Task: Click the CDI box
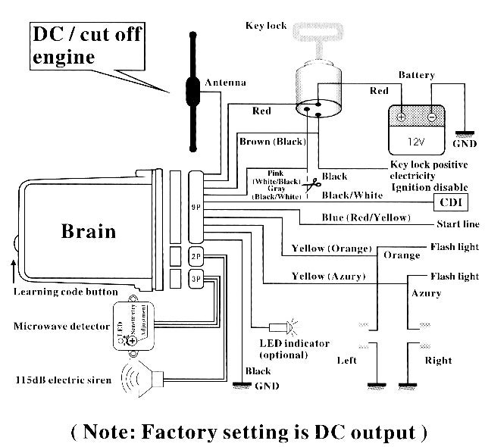(x=450, y=202)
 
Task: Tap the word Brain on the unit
(x=89, y=231)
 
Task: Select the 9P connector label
(x=196, y=206)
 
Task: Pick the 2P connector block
(x=196, y=257)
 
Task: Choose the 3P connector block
(x=196, y=278)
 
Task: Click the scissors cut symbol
(x=311, y=184)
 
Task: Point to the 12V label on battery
(x=416, y=141)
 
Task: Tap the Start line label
(x=457, y=224)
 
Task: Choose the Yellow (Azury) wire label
(x=327, y=276)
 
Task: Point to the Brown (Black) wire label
(x=272, y=142)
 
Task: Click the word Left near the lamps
(x=346, y=361)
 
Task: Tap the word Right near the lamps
(x=438, y=361)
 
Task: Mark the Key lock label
(x=266, y=26)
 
